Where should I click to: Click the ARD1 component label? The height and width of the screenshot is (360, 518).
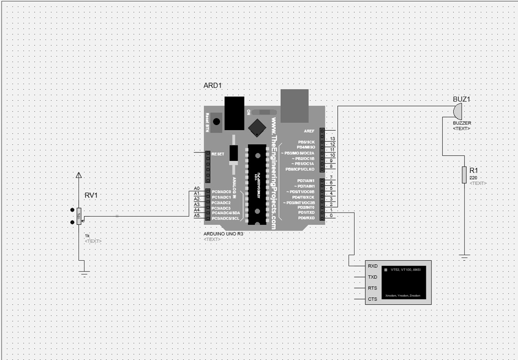click(212, 86)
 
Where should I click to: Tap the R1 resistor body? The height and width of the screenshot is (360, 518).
click(464, 175)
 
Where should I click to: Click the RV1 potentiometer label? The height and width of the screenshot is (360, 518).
click(91, 195)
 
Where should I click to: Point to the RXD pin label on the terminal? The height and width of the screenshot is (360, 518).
click(372, 266)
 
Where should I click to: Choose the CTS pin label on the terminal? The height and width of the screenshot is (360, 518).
click(372, 299)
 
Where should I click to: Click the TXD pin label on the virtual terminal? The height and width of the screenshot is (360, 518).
click(372, 277)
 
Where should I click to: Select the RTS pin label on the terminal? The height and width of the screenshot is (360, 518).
click(372, 288)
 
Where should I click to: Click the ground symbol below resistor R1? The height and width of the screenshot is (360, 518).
click(464, 257)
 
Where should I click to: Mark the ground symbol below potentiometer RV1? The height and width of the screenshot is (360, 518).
click(84, 273)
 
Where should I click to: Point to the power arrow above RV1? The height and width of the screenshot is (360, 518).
click(78, 175)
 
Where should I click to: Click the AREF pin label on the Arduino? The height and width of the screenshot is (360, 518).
click(309, 131)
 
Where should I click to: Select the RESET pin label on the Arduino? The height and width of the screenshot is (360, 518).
click(218, 153)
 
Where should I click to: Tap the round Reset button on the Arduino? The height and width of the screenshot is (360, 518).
click(217, 122)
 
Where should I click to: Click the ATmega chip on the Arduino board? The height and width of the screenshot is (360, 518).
click(255, 185)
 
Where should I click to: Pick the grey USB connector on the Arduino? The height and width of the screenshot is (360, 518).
click(294, 106)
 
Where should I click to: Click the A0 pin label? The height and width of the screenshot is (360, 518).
click(197, 189)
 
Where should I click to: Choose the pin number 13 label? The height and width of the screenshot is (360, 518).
click(332, 139)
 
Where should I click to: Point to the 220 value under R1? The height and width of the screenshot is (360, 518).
click(473, 178)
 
